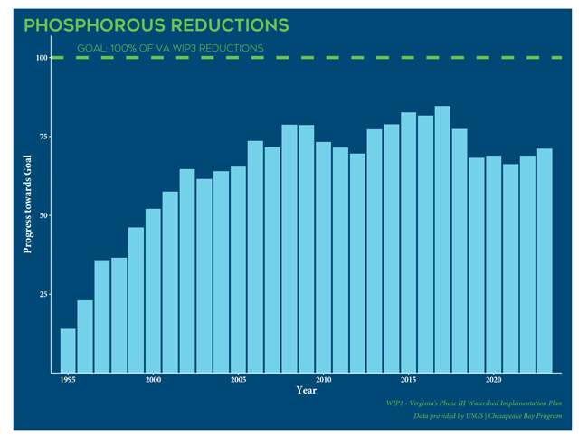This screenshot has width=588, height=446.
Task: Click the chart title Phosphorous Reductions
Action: click(156, 24)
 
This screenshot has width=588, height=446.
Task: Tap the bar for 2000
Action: click(153, 290)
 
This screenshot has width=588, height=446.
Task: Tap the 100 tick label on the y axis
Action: click(42, 58)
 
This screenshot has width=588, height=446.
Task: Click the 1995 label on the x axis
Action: click(68, 380)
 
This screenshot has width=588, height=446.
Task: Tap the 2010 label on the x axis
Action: click(323, 380)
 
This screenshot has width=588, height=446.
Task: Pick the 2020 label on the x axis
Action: click(493, 380)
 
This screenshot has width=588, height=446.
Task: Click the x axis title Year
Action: click(306, 391)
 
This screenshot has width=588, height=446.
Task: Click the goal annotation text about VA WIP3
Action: click(171, 47)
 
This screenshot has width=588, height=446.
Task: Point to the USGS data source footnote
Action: click(487, 415)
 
